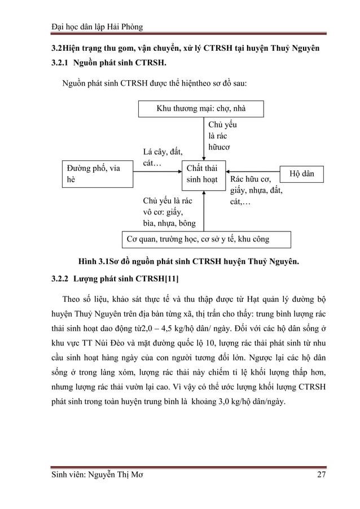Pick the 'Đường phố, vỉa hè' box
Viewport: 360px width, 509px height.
pos(97,174)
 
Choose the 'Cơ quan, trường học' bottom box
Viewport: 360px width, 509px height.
pos(206,239)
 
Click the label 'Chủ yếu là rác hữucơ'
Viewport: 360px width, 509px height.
pos(220,135)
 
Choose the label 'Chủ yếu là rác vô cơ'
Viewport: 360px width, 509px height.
pos(168,212)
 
